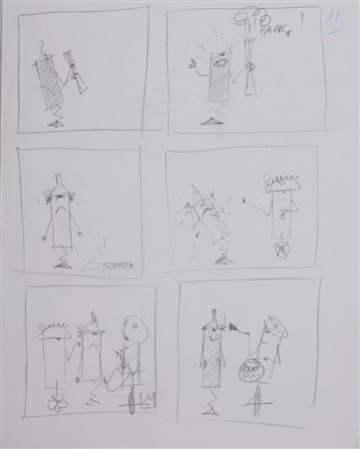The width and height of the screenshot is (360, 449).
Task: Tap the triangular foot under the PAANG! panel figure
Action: point(212,122)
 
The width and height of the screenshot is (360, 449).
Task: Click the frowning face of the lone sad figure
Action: point(61,211)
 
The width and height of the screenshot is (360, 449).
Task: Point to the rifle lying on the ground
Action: point(110,263)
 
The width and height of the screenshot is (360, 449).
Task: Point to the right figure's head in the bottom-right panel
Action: point(268,333)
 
